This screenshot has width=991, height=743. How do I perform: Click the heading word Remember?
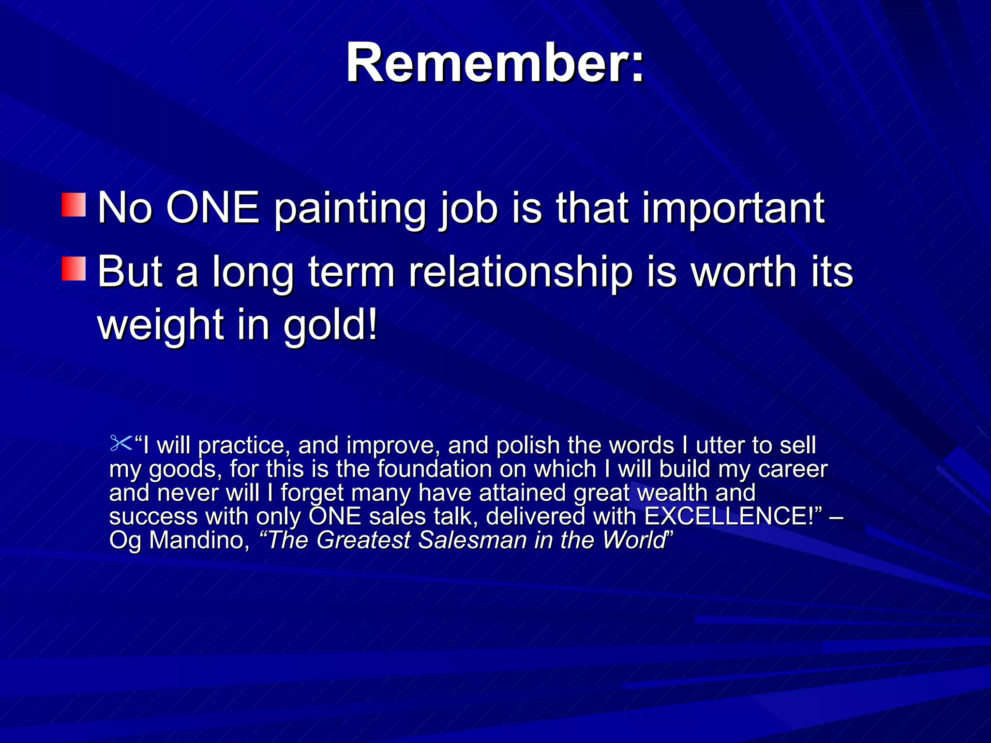coord(495,63)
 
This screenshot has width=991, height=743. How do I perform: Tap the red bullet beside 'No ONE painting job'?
coord(74,205)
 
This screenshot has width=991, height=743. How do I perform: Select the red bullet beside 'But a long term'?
coord(74,269)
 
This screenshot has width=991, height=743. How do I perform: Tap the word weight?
coord(160,325)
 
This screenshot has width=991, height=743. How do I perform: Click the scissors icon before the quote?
coord(121,443)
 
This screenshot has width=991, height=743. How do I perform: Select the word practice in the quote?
coord(243,446)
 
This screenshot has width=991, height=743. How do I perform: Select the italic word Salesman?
coord(472,540)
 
